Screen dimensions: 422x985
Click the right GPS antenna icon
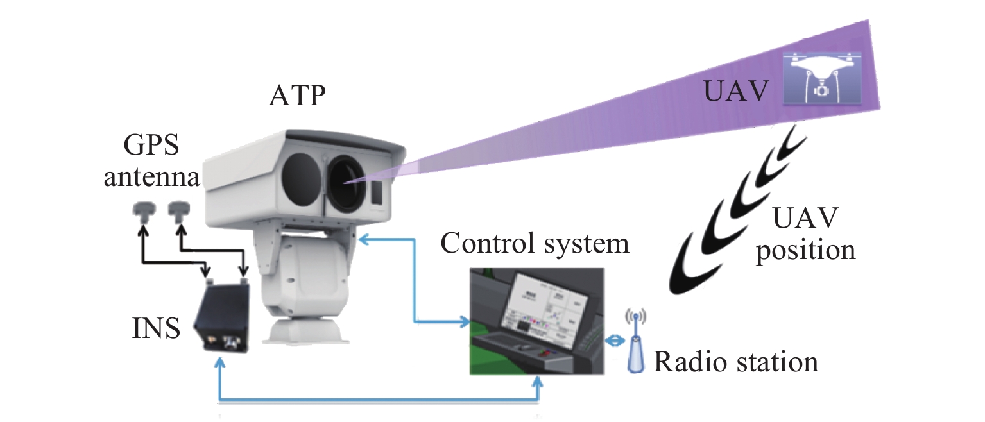pos(178,210)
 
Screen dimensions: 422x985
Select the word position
pos(805,249)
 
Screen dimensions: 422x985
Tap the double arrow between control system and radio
pos(614,341)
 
